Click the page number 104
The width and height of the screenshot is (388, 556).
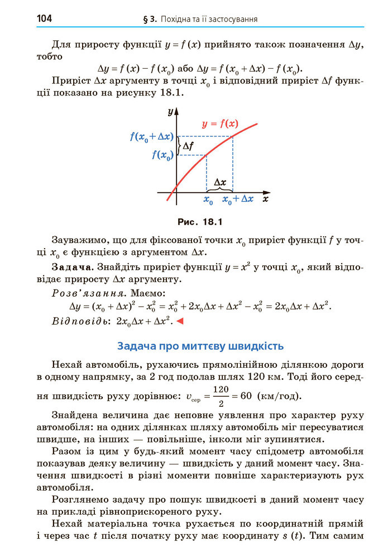pos(44,19)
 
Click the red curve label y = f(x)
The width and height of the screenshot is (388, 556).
pos(220,123)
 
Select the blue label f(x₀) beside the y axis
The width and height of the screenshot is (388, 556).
pos(162,155)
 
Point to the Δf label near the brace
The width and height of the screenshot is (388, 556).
pos(189,146)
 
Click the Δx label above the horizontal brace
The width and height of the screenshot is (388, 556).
pos(220,182)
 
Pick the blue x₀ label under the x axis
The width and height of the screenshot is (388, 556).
pos(208,199)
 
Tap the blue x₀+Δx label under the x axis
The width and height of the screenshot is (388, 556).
pos(238,199)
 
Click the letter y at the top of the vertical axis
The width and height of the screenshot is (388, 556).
pos(170,112)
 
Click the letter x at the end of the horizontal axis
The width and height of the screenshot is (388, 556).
pos(266,198)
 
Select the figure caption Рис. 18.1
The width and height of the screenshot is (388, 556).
pos(199,222)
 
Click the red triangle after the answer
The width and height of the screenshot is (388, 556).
pos(180,321)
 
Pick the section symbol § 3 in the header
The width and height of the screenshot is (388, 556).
pos(149,20)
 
